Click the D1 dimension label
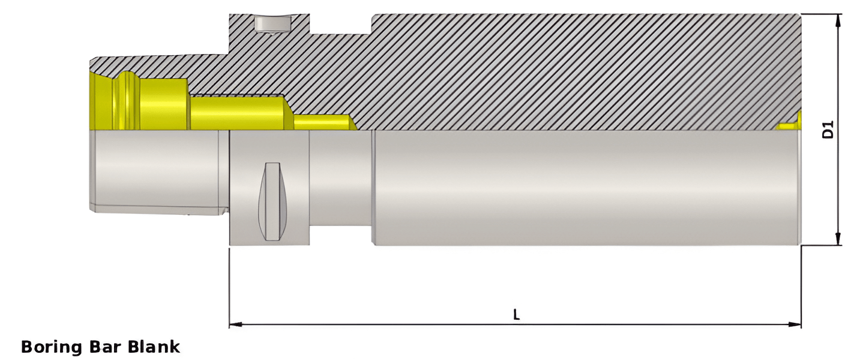[x=828, y=130]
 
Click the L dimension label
[x=516, y=314]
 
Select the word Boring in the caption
[x=52, y=346]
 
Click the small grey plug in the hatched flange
[x=271, y=24]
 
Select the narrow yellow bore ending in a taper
[x=321, y=122]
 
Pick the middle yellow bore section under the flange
[x=237, y=112]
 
